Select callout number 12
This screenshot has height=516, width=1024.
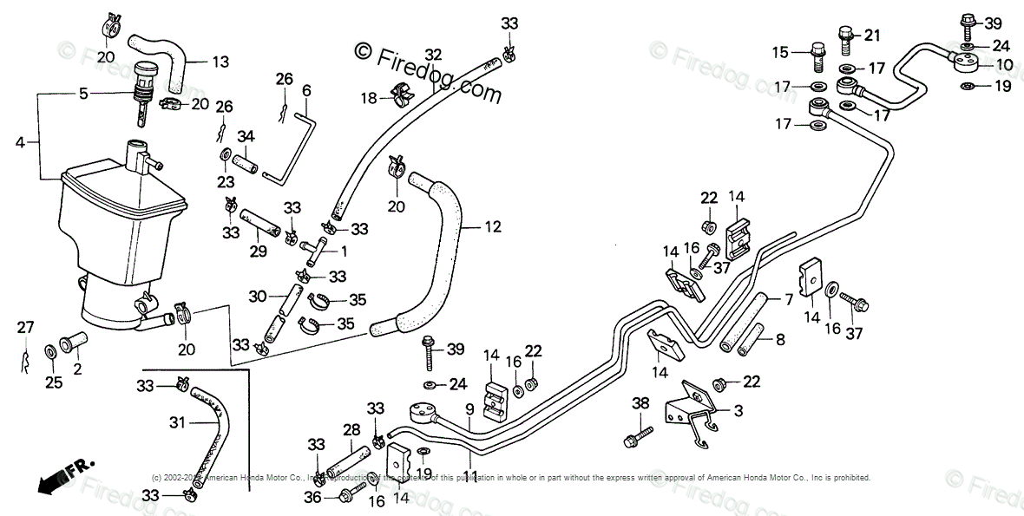493,227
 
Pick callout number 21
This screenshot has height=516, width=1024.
871,35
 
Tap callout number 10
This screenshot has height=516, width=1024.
1003,64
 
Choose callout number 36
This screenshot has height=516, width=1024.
312,497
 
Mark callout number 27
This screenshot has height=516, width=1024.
25,326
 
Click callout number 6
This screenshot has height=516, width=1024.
306,90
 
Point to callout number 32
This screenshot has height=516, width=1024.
433,54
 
